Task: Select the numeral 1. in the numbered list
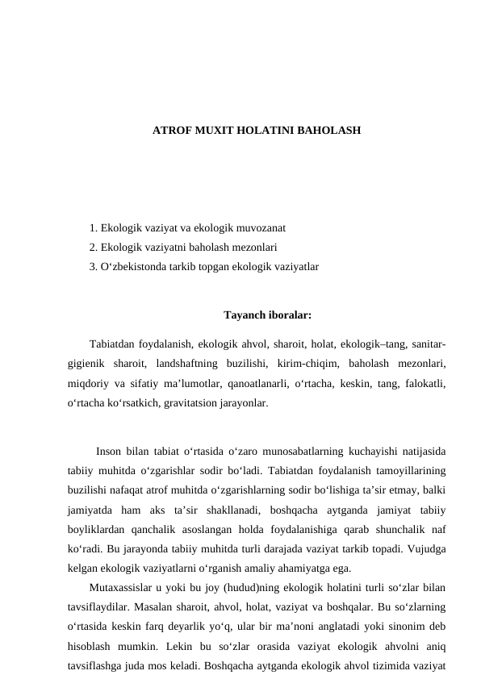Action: (94, 228)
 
